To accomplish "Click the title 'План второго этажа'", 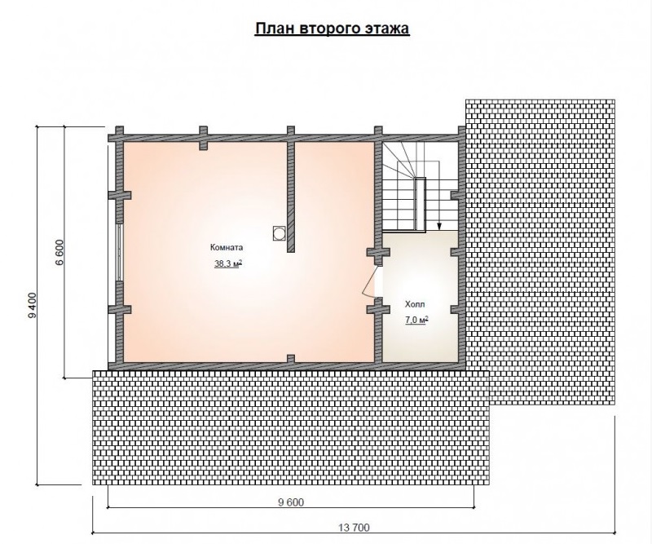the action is point(332,29).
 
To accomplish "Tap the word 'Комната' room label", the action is point(227,247).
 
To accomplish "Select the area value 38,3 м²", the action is point(228,263).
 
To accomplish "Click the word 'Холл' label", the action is point(415,305).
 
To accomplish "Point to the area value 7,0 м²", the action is point(416,320).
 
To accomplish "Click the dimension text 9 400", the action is point(33,306).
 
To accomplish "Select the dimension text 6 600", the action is point(59,253).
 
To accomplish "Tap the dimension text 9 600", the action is point(291,502).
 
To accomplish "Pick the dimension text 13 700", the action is point(354,528).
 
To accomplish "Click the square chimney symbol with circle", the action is point(279,233).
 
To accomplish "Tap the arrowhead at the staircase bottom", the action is point(438,227).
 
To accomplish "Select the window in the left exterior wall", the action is point(120,253).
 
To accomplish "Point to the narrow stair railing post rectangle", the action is point(420,204).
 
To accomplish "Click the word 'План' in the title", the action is point(273,28).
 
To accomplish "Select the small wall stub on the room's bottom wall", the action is point(291,358).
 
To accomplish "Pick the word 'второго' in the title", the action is point(328,29).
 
